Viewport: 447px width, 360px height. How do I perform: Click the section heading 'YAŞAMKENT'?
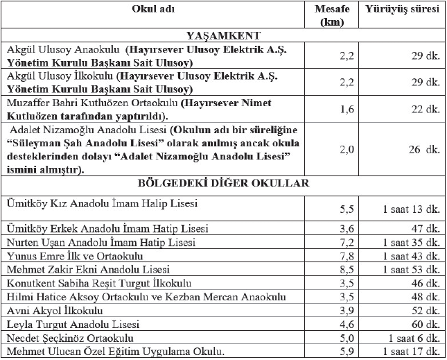(223, 35)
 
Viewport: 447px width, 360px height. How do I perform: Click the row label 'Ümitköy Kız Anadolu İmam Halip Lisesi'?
(102, 203)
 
